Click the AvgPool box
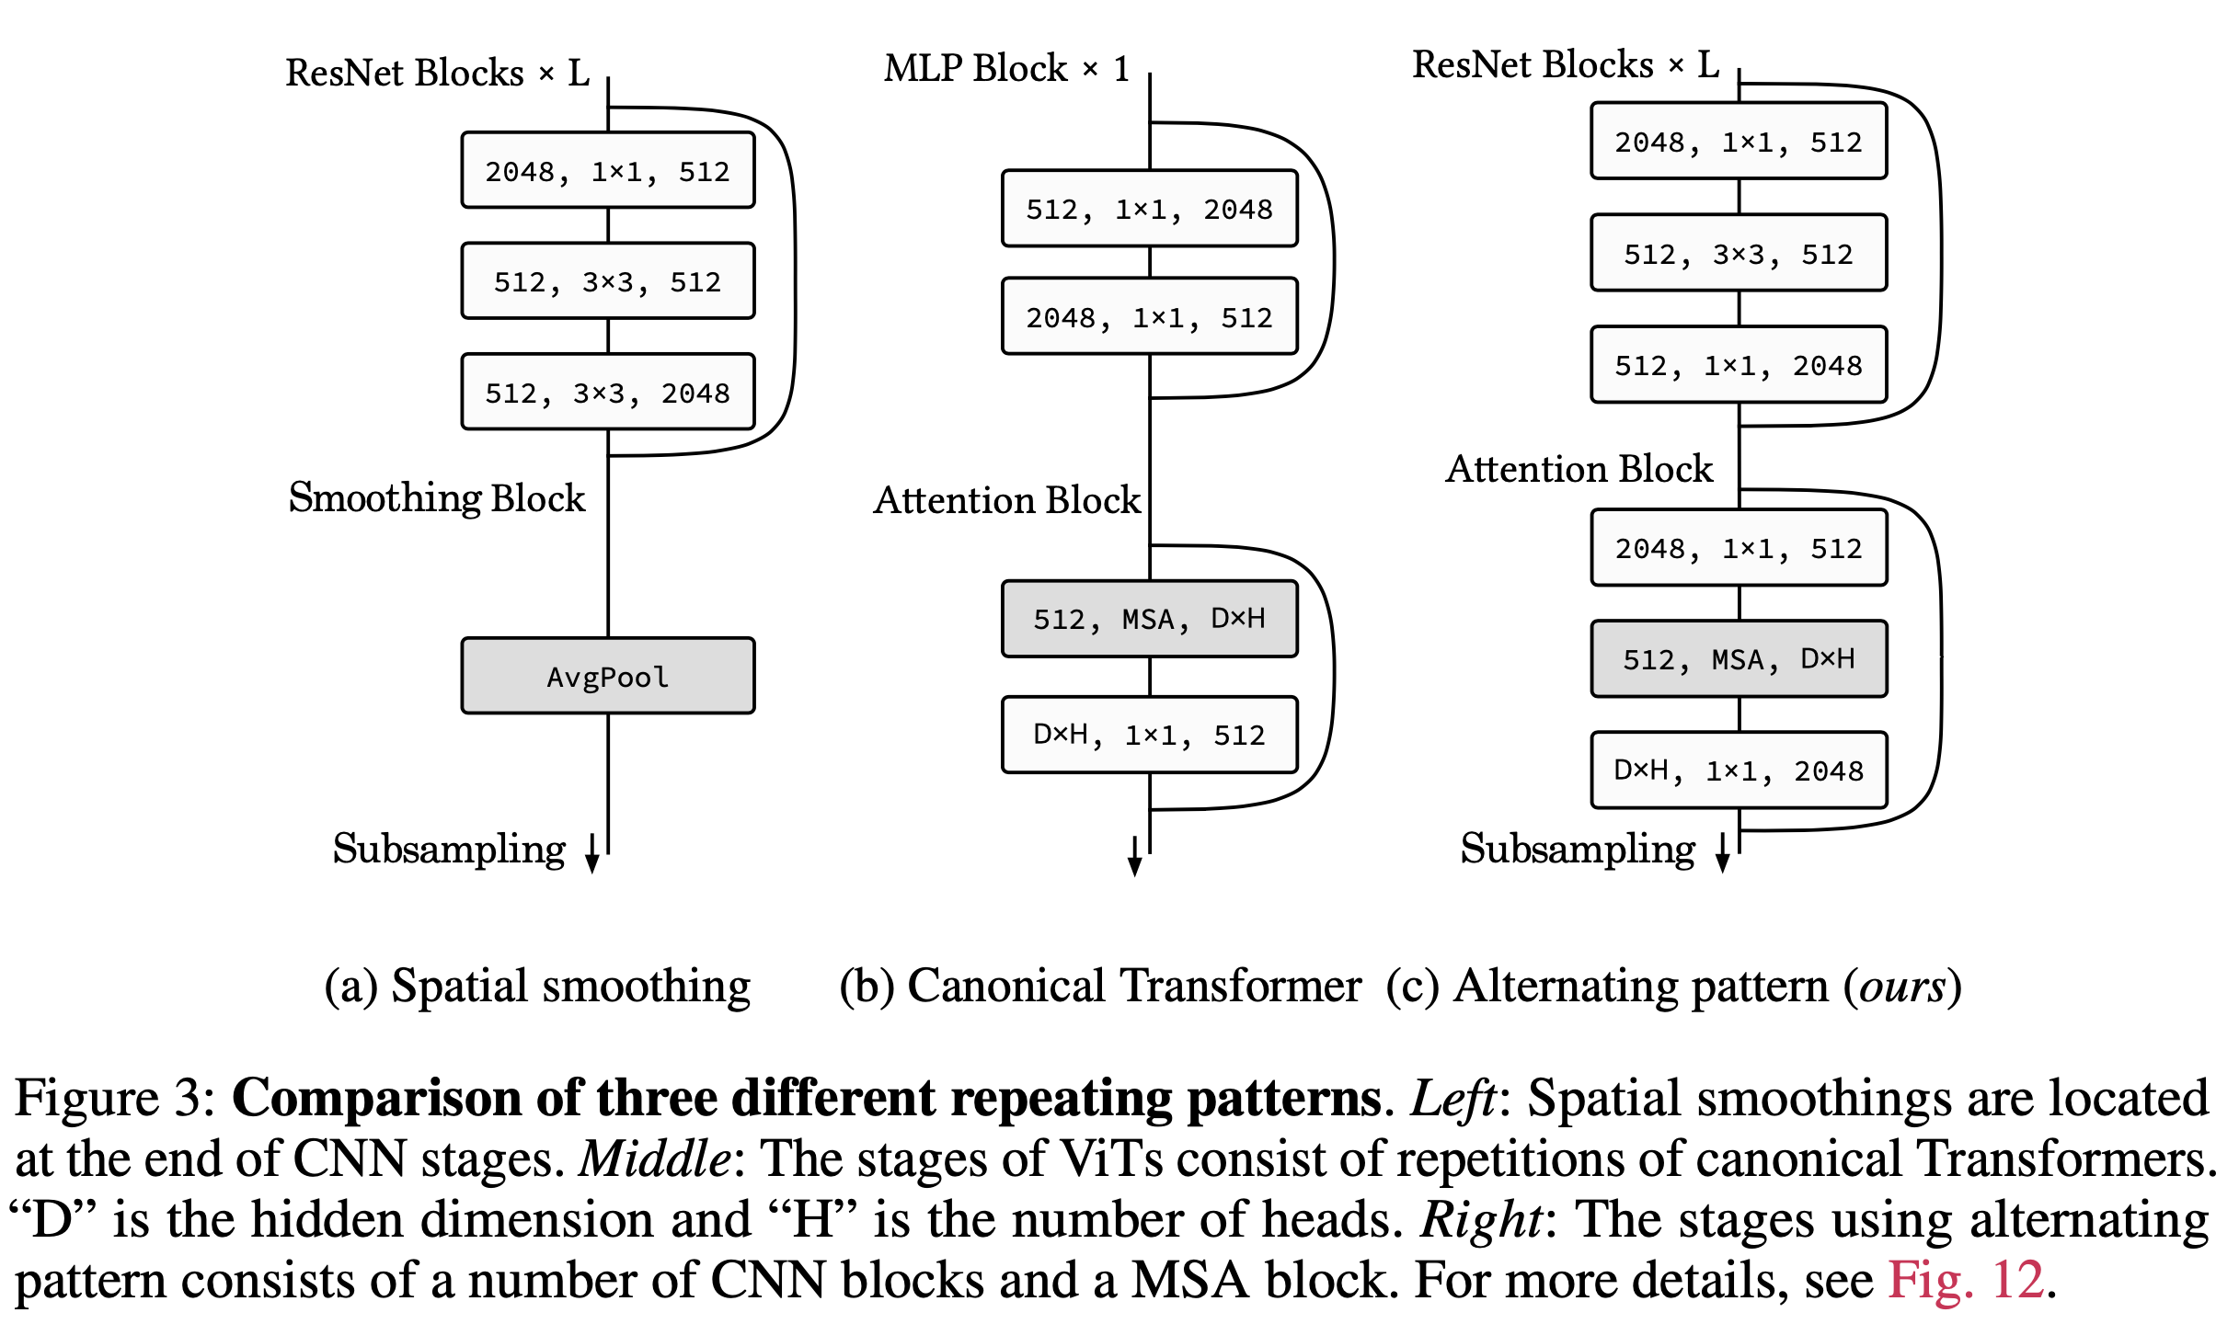pos(607,676)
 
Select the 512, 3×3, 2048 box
pos(607,393)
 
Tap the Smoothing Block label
pos(436,498)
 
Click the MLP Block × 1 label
pos(1006,69)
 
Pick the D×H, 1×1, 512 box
pos(1149,735)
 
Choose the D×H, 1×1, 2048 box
pos(1738,770)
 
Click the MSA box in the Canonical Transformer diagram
pos(1149,619)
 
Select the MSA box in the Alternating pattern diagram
pos(1738,659)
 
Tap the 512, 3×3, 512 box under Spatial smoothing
pos(607,281)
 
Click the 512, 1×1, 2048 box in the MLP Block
pos(1149,210)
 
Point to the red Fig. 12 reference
pos(1966,1279)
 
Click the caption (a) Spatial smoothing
pos(537,987)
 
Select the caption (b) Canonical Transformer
pos(1099,987)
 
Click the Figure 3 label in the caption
pos(114,1098)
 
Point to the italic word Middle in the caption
pos(654,1158)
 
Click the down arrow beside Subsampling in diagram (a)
pos(591,853)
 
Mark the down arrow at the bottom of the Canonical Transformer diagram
pos(1134,857)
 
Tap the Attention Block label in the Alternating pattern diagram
pos(1579,469)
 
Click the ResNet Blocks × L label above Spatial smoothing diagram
pos(437,73)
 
